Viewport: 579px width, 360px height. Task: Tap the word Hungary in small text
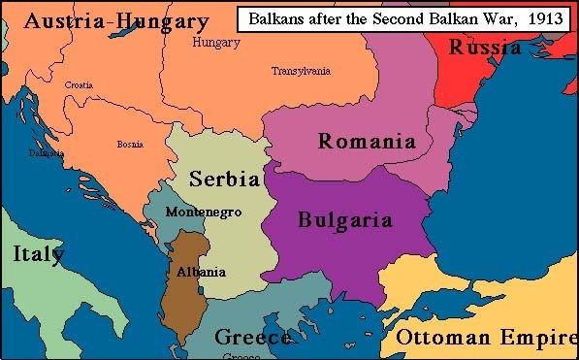point(216,43)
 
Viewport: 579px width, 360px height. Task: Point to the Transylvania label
point(301,71)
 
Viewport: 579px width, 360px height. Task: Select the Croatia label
point(80,84)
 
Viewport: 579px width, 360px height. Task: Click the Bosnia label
point(130,144)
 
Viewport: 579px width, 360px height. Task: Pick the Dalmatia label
point(46,153)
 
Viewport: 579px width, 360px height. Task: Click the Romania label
point(367,142)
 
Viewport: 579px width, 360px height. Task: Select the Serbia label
point(224,180)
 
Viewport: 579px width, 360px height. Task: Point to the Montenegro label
point(204,212)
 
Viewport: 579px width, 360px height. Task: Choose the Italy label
point(39,254)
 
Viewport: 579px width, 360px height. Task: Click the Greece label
point(252,338)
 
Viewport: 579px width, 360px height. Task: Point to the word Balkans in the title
point(278,18)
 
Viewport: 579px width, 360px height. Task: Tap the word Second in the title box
point(398,18)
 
